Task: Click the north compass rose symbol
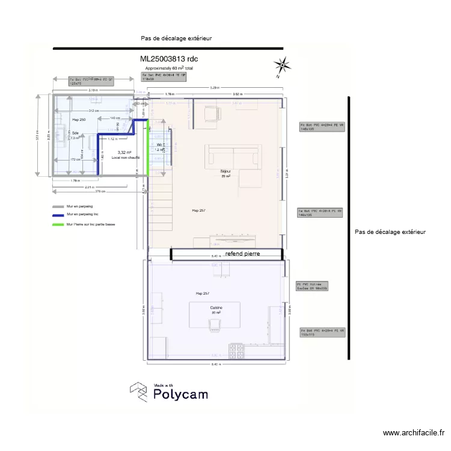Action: [x=281, y=65]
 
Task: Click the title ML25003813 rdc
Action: [x=169, y=59]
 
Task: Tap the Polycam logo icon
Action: [x=139, y=391]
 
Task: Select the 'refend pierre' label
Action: [x=243, y=254]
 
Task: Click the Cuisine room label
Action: [x=216, y=308]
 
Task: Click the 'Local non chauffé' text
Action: [x=125, y=158]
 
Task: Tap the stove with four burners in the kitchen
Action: [x=235, y=348]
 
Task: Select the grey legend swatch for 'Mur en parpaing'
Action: [x=58, y=206]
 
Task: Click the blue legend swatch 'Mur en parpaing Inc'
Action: [x=58, y=215]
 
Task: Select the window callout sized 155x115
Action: [x=323, y=332]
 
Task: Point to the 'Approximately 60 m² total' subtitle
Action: [x=169, y=69]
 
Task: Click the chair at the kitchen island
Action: [x=213, y=325]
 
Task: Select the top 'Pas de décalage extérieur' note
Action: [x=176, y=38]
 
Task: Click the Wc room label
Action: [x=159, y=145]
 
